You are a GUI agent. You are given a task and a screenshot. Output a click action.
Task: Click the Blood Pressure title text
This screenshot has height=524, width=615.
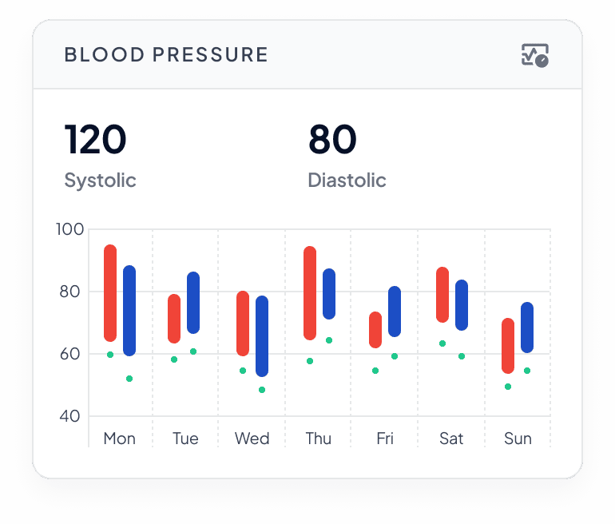point(166,55)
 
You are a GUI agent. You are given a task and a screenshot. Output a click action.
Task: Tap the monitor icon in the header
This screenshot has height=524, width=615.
point(534,55)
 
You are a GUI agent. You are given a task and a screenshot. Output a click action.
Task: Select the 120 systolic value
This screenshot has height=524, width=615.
point(95,140)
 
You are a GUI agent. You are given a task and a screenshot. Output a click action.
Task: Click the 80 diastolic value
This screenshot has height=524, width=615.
point(332,140)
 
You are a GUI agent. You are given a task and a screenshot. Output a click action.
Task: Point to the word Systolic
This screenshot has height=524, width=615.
point(100,181)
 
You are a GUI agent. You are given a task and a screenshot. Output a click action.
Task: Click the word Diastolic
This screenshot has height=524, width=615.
point(347,181)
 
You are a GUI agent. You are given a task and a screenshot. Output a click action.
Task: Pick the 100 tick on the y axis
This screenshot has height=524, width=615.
point(69,229)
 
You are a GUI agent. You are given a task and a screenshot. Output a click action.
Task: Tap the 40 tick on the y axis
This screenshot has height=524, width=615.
point(69,416)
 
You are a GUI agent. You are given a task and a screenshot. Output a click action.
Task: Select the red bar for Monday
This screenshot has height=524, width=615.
point(110,293)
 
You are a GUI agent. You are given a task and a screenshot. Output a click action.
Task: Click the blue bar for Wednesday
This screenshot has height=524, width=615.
point(262,336)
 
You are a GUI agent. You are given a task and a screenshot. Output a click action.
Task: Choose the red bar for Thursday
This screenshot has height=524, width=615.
point(310,293)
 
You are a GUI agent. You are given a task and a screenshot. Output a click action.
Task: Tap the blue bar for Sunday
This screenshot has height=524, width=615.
point(527,327)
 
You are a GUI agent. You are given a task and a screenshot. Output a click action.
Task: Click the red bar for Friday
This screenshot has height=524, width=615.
point(375,330)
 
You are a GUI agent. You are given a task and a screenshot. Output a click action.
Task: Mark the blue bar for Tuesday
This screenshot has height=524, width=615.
point(193,303)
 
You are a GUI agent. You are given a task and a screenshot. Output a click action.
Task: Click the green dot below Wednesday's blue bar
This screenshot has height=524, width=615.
point(262,390)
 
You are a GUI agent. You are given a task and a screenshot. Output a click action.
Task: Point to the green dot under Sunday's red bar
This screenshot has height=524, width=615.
point(508,387)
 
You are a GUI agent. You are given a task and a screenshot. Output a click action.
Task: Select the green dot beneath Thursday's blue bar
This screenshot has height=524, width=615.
point(329,340)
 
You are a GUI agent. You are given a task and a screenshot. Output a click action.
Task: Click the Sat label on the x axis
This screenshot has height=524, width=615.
point(451,439)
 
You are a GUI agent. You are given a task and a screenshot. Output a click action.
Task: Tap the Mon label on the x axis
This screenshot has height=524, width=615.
point(119,439)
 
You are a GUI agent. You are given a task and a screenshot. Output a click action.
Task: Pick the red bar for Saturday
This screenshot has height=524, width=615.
point(442,295)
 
